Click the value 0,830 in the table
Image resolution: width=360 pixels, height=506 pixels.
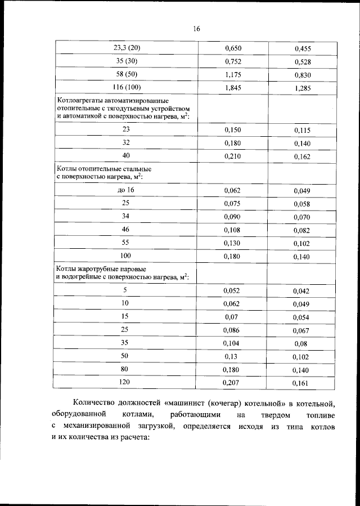pyautogui.click(x=303, y=75)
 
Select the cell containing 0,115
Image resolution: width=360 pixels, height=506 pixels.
pyautogui.click(x=302, y=130)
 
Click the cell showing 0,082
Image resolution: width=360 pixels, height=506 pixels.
pyautogui.click(x=302, y=230)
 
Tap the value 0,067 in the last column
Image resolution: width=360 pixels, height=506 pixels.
pyautogui.click(x=302, y=330)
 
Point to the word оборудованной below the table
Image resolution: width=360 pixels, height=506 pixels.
pyautogui.click(x=76, y=414)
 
